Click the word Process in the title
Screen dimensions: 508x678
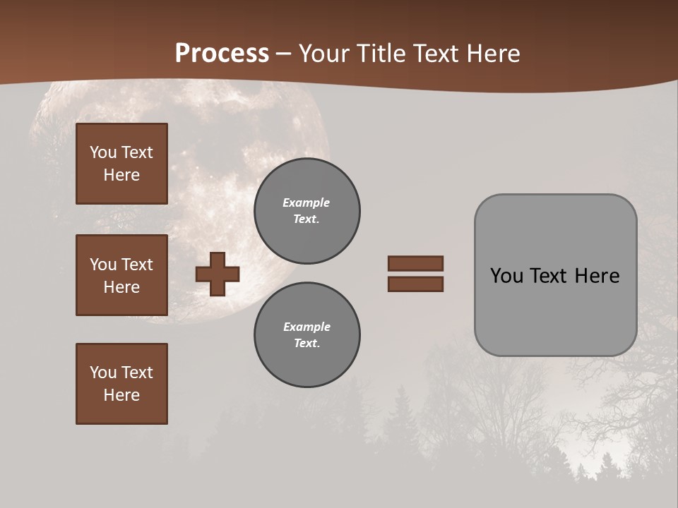222,54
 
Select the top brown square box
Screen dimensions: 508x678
121,164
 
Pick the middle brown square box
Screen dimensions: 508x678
121,275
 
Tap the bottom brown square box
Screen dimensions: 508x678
121,384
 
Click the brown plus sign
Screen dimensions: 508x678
218,274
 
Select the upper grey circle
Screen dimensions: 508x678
307,211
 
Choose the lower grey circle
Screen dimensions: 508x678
307,335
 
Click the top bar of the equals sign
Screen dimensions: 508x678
415,263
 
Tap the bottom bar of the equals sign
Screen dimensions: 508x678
415,284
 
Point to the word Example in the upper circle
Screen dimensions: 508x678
307,202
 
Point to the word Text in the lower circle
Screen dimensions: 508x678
306,344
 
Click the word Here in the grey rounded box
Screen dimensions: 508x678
597,276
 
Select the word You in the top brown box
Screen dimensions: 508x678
103,152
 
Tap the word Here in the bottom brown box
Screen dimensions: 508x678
121,395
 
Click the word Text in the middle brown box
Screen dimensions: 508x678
136,265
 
